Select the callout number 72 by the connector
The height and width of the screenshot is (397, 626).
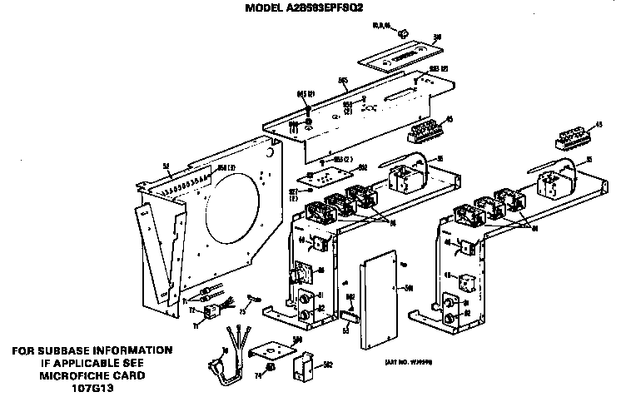click(191, 310)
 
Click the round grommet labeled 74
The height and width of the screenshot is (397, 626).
click(271, 367)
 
